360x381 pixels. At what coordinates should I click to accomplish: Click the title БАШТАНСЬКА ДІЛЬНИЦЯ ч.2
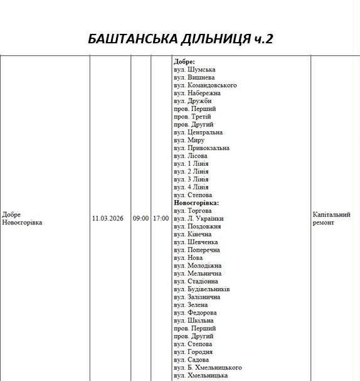[181, 39]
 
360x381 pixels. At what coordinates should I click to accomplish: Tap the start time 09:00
[140, 218]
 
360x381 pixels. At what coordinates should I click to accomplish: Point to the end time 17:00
[161, 218]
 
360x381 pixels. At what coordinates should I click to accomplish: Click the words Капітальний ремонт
[331, 218]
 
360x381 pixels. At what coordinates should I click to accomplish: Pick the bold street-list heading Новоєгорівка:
[196, 203]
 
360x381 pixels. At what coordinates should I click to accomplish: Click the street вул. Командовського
[204, 85]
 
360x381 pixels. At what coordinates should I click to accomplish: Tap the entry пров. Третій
[192, 117]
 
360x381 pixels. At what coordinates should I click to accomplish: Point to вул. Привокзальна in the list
[201, 148]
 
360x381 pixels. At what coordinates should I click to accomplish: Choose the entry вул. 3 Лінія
[191, 180]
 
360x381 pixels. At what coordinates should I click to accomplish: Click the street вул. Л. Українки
[198, 218]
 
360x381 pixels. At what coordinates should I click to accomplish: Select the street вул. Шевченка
[195, 242]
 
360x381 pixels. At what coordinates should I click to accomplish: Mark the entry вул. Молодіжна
[197, 266]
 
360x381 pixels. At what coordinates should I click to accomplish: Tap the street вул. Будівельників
[201, 289]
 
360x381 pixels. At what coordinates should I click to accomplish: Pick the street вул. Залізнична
[196, 297]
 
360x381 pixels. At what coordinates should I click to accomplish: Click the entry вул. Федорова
[194, 313]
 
